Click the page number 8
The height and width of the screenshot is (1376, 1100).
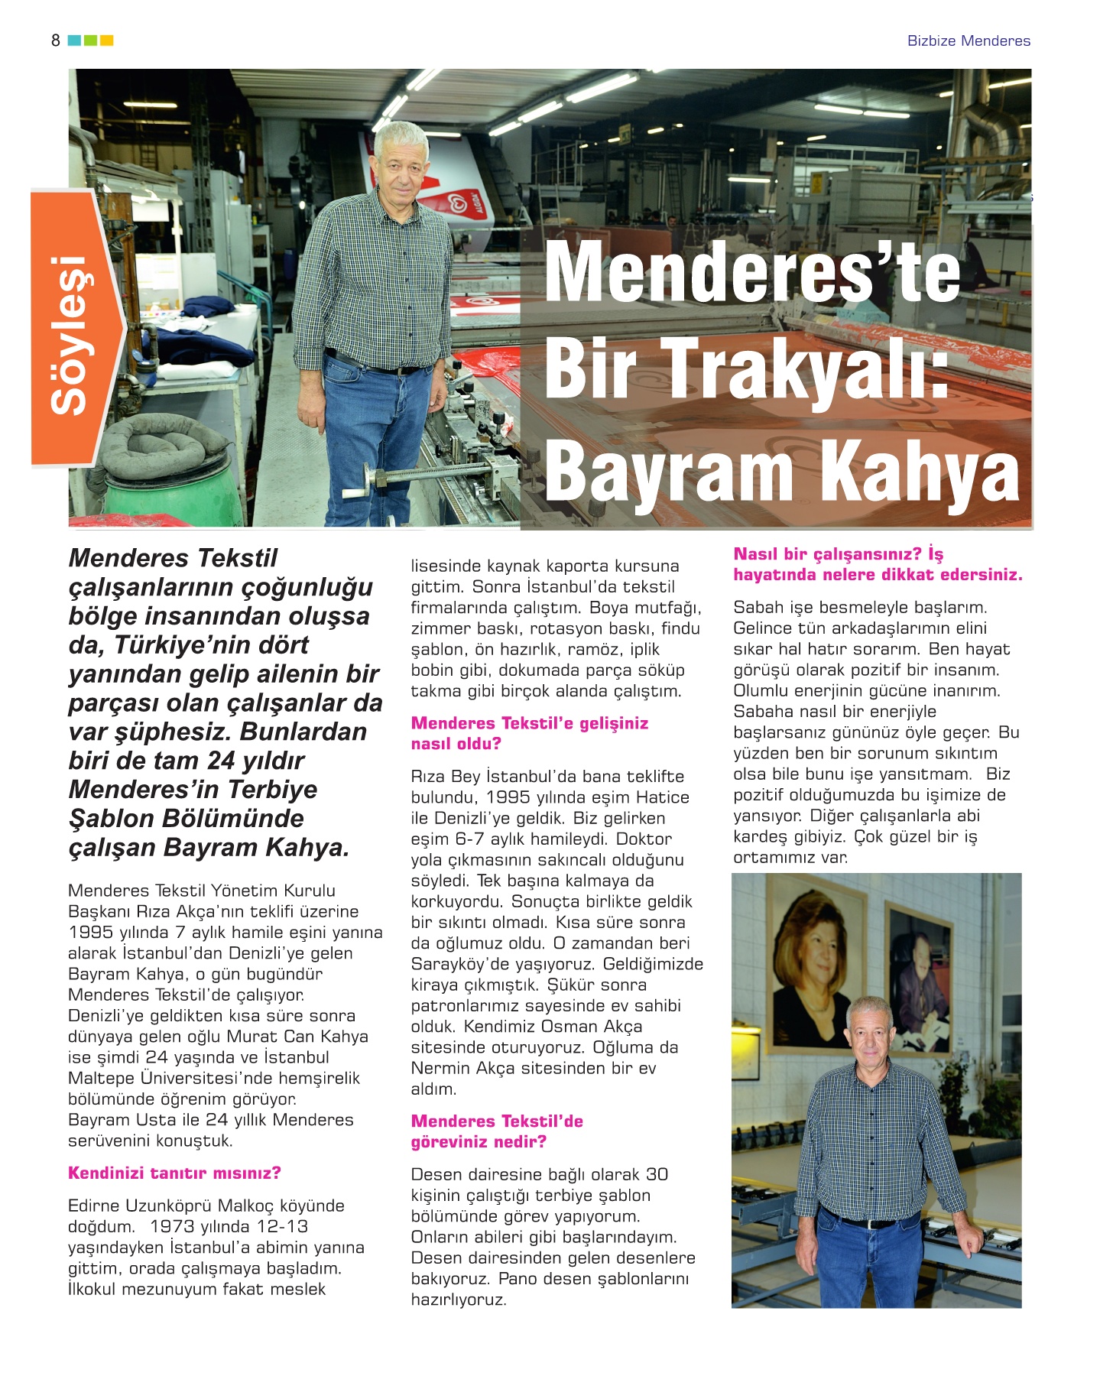55,41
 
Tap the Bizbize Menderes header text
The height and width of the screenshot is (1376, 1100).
969,41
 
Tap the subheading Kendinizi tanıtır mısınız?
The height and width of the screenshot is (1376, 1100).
174,1173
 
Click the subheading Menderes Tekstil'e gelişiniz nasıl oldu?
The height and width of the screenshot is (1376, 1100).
529,733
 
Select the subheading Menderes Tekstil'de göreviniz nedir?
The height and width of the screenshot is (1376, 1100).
497,1131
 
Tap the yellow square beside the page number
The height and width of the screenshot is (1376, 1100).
107,41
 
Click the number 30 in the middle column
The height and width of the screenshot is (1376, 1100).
657,1174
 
